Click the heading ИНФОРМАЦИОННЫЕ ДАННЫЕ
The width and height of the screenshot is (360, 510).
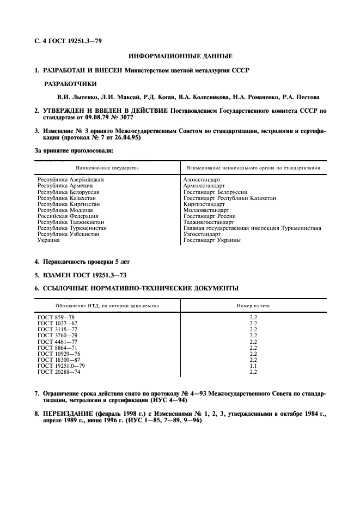pyautogui.click(x=180, y=56)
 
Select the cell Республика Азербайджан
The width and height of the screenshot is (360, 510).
pyautogui.click(x=70, y=179)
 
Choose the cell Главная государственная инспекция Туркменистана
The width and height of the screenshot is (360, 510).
pyautogui.click(x=252, y=228)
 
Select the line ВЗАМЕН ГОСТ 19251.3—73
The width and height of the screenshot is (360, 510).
pyautogui.click(x=84, y=275)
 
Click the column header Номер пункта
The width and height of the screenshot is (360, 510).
pyautogui.click(x=253, y=306)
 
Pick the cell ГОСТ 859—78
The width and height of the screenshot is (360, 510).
pyautogui.click(x=56, y=317)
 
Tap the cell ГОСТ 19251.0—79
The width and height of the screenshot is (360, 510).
pyautogui.click(x=61, y=366)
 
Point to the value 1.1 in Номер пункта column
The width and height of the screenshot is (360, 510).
pyautogui.click(x=253, y=366)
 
